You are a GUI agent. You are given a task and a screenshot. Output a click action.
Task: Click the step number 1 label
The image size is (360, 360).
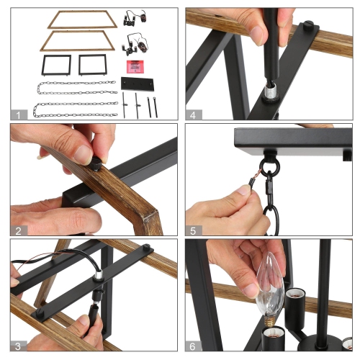click(18, 115)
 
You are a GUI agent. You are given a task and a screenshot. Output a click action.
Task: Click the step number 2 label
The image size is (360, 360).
click(18, 231)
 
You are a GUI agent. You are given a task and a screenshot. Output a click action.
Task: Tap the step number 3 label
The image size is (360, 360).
click(18, 346)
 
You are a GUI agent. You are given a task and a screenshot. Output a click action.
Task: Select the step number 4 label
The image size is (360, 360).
click(193, 115)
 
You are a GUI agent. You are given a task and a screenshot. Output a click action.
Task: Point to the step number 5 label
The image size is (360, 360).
click(193, 231)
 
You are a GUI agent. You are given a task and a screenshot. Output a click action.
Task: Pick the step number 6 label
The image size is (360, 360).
click(193, 346)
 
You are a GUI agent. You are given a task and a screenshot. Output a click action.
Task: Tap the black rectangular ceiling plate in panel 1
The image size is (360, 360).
click(137, 84)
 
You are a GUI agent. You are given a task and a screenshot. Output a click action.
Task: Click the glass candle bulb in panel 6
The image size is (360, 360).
click(270, 288)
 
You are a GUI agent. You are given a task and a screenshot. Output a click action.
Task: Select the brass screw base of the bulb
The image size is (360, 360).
click(268, 322)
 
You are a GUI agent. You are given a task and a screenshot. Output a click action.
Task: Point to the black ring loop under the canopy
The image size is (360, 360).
click(270, 166)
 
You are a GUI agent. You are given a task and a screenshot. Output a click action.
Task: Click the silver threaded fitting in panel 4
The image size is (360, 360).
click(270, 92)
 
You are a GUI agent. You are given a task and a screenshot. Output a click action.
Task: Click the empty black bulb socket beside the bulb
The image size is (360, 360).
click(295, 300)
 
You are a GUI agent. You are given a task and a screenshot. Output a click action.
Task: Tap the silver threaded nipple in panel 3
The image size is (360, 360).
click(98, 275)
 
